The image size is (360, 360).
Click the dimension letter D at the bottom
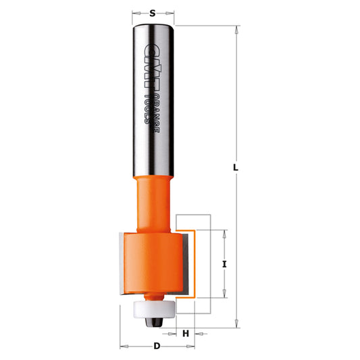(x=157, y=346)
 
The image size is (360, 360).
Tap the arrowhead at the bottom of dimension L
(x=236, y=324)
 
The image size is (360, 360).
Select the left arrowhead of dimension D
(x=123, y=346)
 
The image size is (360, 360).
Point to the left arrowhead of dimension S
(x=135, y=12)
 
